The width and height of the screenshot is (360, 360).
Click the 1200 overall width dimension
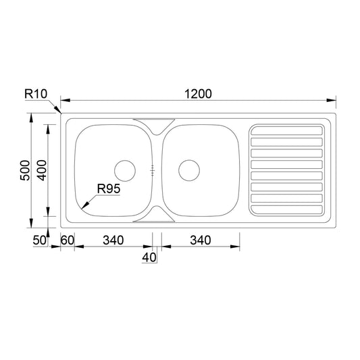click(x=198, y=94)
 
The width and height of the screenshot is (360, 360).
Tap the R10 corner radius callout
click(x=36, y=94)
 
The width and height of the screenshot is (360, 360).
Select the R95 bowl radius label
click(x=109, y=188)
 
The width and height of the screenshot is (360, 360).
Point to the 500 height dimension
click(x=25, y=170)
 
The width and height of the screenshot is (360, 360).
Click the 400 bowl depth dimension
click(x=42, y=170)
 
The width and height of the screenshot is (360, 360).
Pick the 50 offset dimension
click(x=39, y=240)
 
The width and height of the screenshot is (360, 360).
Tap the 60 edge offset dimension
click(x=68, y=240)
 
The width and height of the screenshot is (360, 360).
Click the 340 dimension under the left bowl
click(x=113, y=240)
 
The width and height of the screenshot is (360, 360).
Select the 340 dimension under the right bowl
click(x=201, y=240)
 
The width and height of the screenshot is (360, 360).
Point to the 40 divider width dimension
click(x=149, y=257)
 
